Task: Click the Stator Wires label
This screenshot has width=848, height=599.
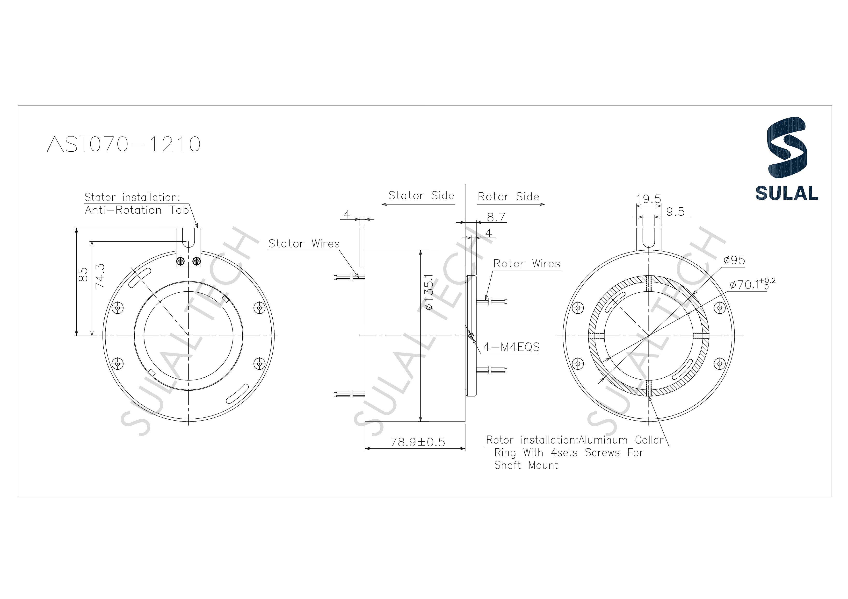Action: point(304,244)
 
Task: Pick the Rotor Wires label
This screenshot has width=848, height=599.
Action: point(527,264)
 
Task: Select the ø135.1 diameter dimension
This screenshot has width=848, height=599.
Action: point(429,292)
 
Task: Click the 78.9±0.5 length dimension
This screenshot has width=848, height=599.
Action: point(418,442)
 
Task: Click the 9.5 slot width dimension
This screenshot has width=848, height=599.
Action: point(675,212)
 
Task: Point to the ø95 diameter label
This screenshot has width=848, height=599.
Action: point(734,261)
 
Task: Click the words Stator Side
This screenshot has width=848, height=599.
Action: point(421,196)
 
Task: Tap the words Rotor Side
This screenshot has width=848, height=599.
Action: point(508,197)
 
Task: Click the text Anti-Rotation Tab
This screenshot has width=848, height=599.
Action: point(137,210)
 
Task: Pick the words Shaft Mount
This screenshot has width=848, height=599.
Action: point(526,465)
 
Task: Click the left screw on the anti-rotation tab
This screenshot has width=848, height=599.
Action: point(181,261)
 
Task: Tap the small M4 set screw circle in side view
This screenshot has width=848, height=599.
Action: point(471,336)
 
